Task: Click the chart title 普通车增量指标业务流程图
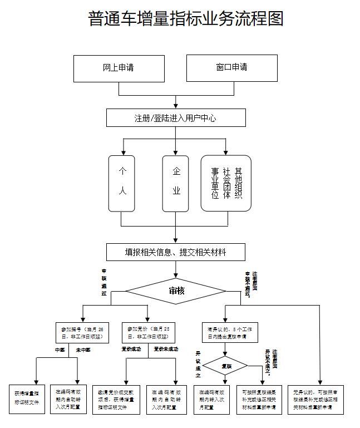pos(186,18)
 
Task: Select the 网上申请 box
pos(119,68)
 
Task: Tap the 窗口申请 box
pos(231,68)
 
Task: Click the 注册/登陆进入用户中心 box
pos(176,118)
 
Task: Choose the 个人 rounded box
pos(122,183)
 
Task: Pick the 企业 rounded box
pos(176,183)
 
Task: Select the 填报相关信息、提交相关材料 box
pos(176,252)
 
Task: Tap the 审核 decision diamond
pos(176,291)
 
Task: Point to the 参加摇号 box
pos(82,333)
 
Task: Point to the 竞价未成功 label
pos(166,349)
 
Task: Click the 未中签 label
pos(83,350)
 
